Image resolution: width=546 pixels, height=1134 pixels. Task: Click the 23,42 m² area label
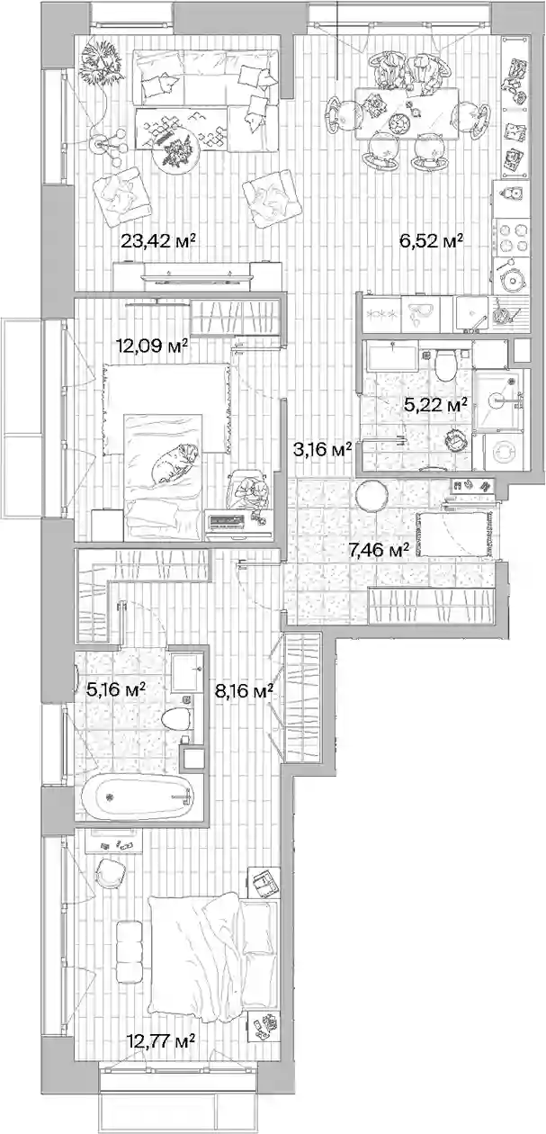point(158,241)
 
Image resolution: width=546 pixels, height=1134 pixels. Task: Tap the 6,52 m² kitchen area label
point(432,241)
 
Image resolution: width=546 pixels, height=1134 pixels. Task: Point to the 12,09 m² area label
point(152,346)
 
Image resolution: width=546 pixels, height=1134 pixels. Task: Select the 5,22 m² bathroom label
point(435,404)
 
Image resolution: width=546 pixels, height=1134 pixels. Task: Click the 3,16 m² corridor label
point(323,449)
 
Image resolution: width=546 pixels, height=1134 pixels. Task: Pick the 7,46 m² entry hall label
point(379,549)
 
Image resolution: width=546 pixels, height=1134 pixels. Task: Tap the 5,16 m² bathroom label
point(116,689)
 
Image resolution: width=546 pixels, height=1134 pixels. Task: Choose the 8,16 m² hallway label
point(245,690)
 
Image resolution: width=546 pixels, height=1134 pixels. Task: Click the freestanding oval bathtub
point(137,797)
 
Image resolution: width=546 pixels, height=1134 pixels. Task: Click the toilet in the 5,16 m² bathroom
point(177,719)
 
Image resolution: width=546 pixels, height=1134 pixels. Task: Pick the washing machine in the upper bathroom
point(503,453)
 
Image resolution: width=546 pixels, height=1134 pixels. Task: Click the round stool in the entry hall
point(371,495)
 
